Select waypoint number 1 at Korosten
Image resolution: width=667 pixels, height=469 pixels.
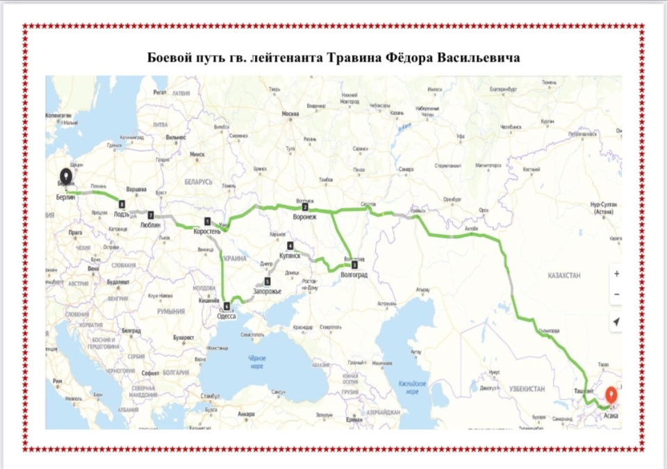[x=207, y=221]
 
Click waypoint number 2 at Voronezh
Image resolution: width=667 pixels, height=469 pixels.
[x=305, y=207]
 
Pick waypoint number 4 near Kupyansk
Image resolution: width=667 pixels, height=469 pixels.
[x=290, y=246]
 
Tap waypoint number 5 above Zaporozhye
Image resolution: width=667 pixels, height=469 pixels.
[x=267, y=281]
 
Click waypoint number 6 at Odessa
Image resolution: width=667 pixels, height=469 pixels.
[x=227, y=306]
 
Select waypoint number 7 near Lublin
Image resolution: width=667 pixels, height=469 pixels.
[x=149, y=215]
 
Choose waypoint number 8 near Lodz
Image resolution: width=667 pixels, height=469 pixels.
[x=122, y=204]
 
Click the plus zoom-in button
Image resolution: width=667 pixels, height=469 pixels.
[x=616, y=274]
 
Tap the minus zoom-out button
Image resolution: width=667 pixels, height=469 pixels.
[x=616, y=295]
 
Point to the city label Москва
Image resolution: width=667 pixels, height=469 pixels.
[x=290, y=114]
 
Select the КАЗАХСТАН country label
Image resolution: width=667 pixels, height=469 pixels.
[x=563, y=276]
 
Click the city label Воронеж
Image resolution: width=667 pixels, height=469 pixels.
[x=306, y=217]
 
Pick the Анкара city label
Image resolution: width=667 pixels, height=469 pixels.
[x=245, y=414]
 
